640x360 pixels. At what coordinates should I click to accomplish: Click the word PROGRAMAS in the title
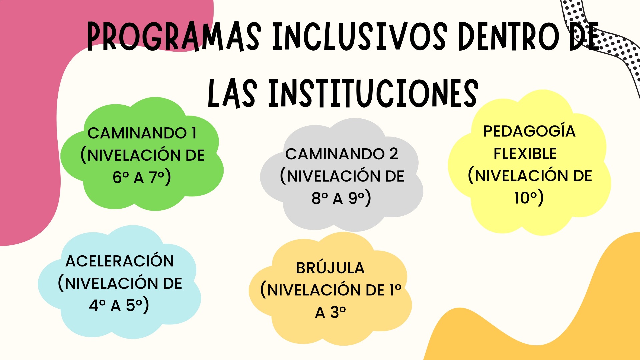click(174, 37)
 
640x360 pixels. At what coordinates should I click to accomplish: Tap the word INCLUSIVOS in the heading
click(360, 37)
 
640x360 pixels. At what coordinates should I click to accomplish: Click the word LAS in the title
click(232, 94)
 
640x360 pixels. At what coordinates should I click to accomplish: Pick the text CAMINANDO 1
click(142, 133)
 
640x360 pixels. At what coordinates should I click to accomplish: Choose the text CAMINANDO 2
click(342, 154)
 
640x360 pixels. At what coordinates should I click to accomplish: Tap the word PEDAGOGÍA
click(529, 131)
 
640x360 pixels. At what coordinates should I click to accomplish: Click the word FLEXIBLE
click(525, 154)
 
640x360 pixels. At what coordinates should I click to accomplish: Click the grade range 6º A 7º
click(142, 177)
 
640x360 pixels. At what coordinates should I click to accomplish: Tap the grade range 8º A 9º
click(341, 198)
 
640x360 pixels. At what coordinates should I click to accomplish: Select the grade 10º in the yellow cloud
click(529, 197)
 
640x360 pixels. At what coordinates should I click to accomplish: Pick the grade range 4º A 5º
click(119, 305)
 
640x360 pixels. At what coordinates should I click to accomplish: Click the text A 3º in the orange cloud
click(330, 312)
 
